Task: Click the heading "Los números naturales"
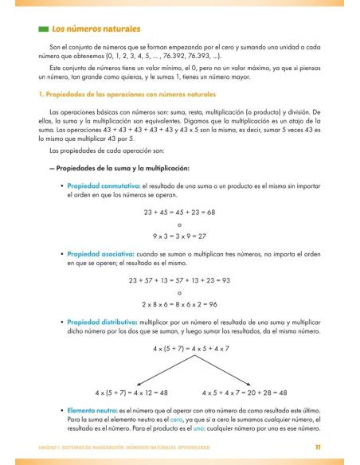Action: tap(96, 29)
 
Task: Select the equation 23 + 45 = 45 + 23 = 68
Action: tap(179, 211)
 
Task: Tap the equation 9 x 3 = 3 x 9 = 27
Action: tap(179, 236)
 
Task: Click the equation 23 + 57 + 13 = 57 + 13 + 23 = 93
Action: tap(179, 279)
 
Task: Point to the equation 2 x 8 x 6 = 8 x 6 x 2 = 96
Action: tap(179, 303)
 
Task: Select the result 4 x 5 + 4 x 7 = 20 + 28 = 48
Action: tap(245, 393)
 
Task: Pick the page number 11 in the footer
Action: tap(318, 447)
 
